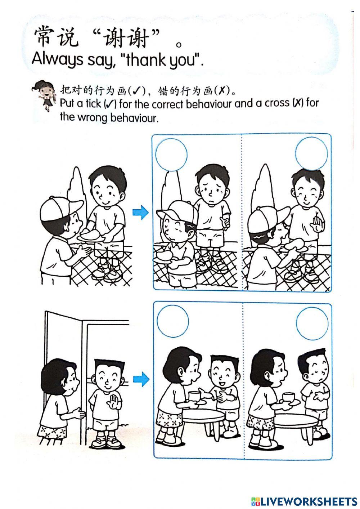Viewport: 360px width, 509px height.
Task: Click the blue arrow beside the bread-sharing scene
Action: coord(140,213)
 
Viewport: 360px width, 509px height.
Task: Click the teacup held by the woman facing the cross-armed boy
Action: coord(288,397)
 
